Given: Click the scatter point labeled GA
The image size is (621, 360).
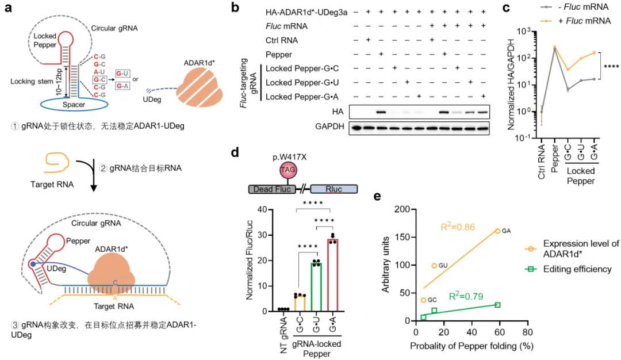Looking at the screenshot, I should coord(497,231).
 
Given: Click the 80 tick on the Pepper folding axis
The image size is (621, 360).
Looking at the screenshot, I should coord(526,332).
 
